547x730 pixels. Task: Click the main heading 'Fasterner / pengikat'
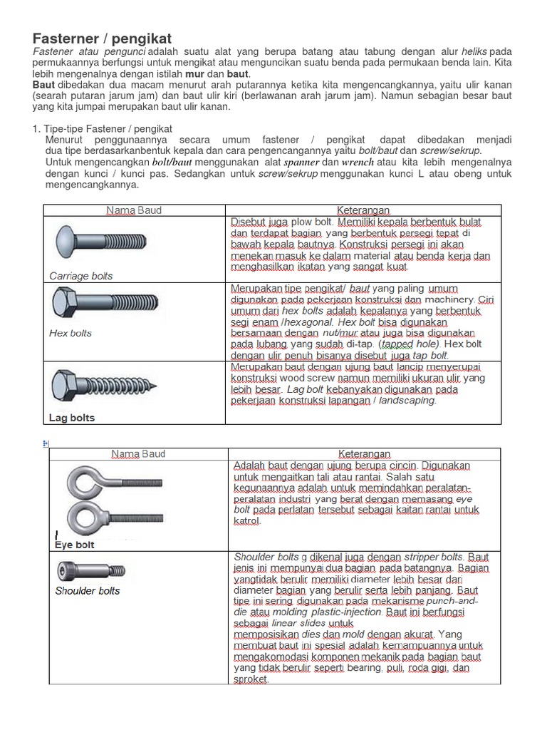(103, 38)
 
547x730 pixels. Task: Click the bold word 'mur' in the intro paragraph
(194, 73)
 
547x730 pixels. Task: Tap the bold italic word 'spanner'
(301, 162)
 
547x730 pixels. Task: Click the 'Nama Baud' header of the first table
(135, 210)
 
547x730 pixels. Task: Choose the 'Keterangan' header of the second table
(364, 453)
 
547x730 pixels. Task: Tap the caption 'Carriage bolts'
(80, 276)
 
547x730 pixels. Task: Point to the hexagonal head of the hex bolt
(62, 303)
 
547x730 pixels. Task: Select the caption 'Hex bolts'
(71, 333)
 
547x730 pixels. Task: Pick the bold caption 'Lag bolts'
(72, 418)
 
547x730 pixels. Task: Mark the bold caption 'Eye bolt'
(75, 545)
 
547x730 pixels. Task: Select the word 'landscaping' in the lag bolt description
(407, 401)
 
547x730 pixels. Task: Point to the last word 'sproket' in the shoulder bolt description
(250, 679)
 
